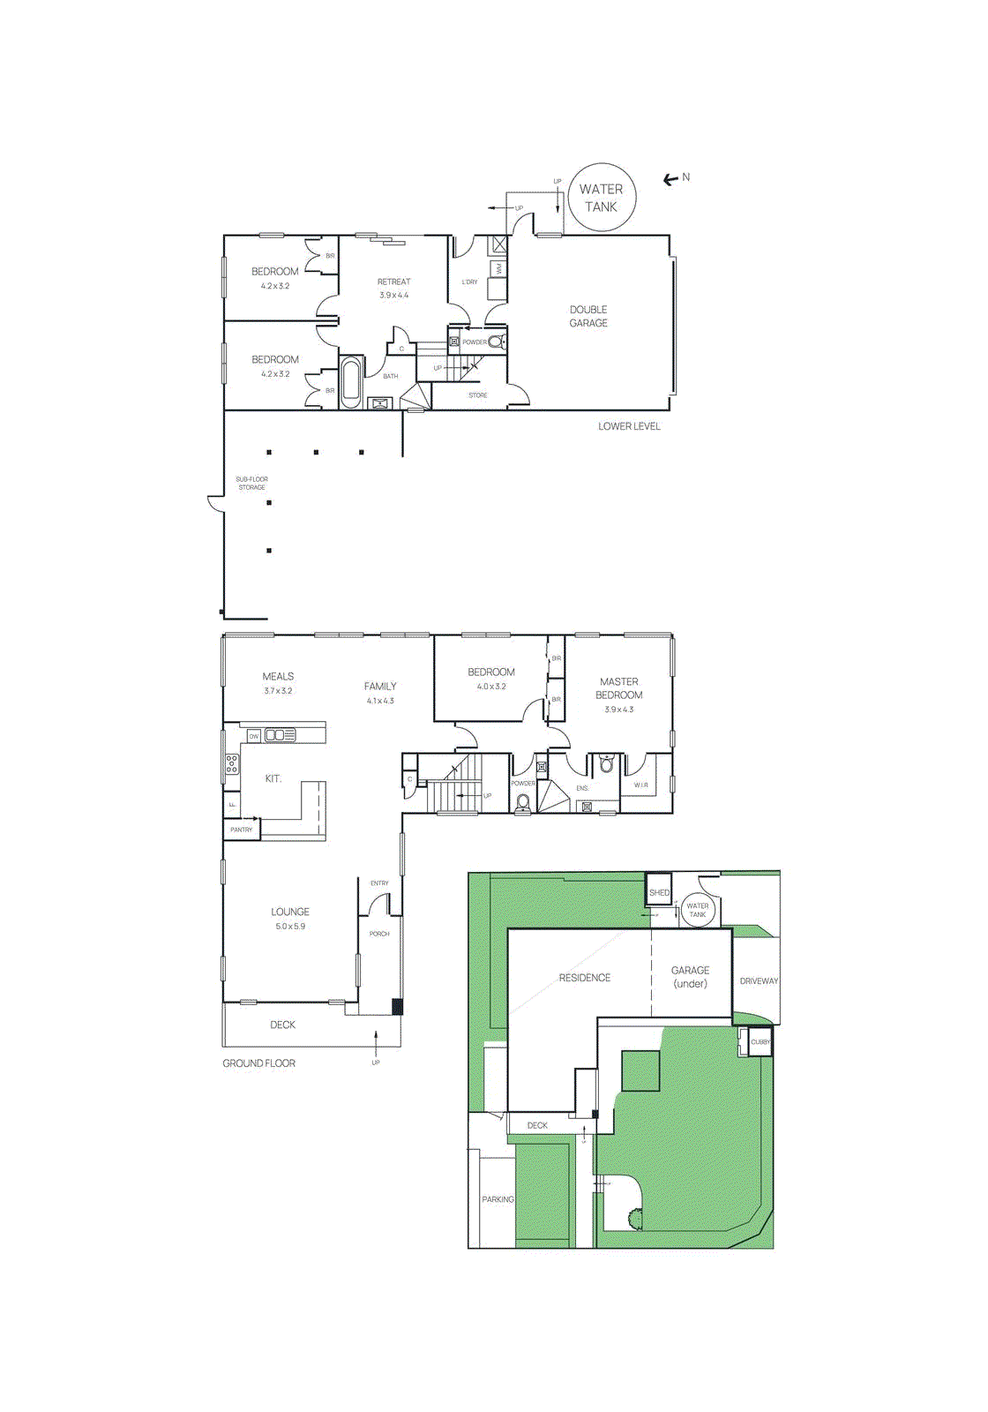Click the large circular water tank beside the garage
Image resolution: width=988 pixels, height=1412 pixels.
click(x=602, y=198)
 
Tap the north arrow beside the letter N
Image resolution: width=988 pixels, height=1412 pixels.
click(x=670, y=179)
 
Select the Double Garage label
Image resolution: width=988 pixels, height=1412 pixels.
click(x=588, y=316)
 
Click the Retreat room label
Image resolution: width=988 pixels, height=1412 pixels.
click(x=394, y=282)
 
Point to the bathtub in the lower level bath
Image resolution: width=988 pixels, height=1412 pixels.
click(x=351, y=382)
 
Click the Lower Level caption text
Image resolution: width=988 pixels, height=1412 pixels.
click(x=629, y=426)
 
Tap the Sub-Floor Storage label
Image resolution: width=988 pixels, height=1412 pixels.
click(x=251, y=484)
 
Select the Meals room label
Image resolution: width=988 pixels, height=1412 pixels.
click(x=278, y=676)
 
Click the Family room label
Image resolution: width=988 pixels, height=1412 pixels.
click(x=380, y=686)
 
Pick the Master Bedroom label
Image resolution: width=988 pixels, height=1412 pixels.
click(x=618, y=688)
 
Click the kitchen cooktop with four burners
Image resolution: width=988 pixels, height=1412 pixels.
click(x=231, y=763)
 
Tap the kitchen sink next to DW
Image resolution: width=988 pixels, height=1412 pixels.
click(x=281, y=734)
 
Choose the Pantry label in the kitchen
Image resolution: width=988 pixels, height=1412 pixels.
click(x=241, y=830)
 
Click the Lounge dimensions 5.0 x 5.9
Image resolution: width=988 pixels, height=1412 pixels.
click(x=290, y=927)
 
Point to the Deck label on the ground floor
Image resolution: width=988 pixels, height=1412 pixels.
click(x=282, y=1025)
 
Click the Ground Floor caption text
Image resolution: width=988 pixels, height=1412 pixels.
click(x=258, y=1063)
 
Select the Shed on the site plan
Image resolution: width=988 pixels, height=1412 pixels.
click(x=659, y=892)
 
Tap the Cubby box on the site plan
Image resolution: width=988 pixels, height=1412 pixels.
click(x=760, y=1041)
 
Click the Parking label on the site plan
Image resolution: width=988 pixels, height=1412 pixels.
click(x=498, y=1199)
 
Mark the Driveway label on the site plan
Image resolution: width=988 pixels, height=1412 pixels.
click(x=759, y=980)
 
